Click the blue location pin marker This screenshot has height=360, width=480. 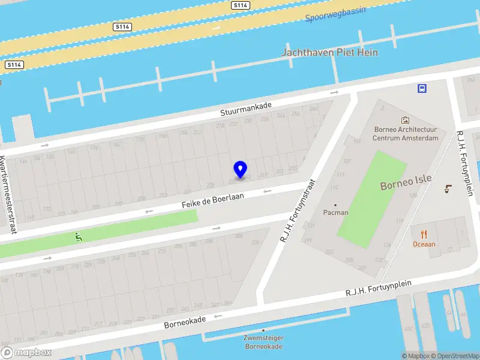tap(240, 170)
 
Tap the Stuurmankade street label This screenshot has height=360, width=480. tap(246, 109)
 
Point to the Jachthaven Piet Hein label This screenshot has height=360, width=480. tap(330, 53)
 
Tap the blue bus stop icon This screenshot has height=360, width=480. tap(422, 88)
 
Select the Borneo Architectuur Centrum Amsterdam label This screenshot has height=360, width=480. tap(405, 133)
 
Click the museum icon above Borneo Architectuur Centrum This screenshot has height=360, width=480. tap(405, 120)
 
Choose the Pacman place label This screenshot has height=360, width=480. tap(335, 212)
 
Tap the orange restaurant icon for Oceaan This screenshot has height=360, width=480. tap(424, 234)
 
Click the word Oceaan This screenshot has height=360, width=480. tap(424, 244)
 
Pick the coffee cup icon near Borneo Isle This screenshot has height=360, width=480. tap(448, 189)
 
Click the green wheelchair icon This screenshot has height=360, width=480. tap(78, 237)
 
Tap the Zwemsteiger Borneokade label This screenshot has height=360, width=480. tap(263, 342)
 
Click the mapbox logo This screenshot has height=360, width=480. tap(26, 353)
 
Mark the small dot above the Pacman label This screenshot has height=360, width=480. tap(335, 205)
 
